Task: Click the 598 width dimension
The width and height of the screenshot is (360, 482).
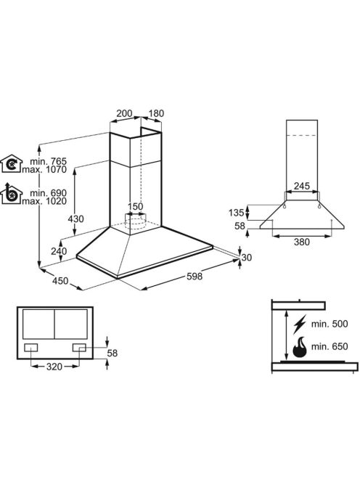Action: point(195,276)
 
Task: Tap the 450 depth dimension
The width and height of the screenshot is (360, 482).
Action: point(60,281)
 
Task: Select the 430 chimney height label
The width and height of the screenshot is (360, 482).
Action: point(75,219)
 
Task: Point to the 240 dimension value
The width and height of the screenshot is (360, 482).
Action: point(59,251)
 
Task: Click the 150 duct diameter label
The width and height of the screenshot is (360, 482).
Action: point(135,207)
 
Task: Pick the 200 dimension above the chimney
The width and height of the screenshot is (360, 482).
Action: point(124,113)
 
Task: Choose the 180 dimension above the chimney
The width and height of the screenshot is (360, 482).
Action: point(156,113)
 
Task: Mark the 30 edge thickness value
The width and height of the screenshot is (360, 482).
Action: point(246,257)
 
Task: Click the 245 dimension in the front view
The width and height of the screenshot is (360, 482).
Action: point(302,186)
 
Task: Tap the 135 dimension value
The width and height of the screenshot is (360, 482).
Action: point(236,212)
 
